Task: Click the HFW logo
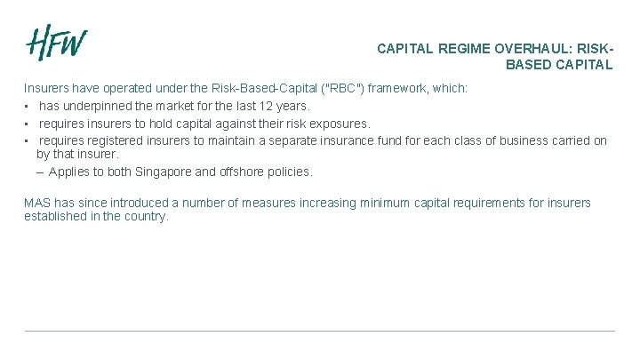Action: [56, 44]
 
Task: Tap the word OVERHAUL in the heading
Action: [539, 49]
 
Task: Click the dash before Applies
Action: [40, 172]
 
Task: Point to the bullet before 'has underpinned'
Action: [28, 107]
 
